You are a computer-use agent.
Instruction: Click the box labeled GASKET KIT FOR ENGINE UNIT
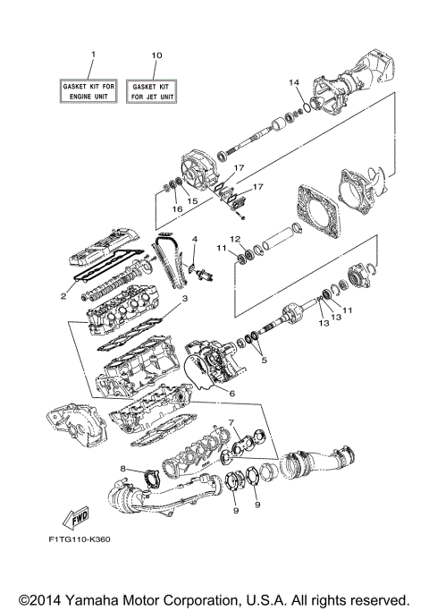(x=90, y=89)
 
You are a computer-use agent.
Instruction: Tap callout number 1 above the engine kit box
(x=91, y=55)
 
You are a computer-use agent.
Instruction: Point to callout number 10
(x=157, y=55)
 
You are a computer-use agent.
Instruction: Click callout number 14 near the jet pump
(x=291, y=83)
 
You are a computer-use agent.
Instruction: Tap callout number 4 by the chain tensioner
(x=194, y=240)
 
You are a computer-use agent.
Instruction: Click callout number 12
(x=236, y=239)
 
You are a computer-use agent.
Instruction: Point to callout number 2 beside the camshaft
(x=63, y=296)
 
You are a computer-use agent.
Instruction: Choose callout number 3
(x=185, y=299)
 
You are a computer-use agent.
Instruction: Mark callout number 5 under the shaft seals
(x=262, y=361)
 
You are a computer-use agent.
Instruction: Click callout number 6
(x=231, y=393)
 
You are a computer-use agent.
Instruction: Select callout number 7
(x=231, y=420)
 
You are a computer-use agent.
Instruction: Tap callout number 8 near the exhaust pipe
(x=122, y=467)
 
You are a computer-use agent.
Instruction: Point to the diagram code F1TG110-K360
(x=81, y=539)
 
